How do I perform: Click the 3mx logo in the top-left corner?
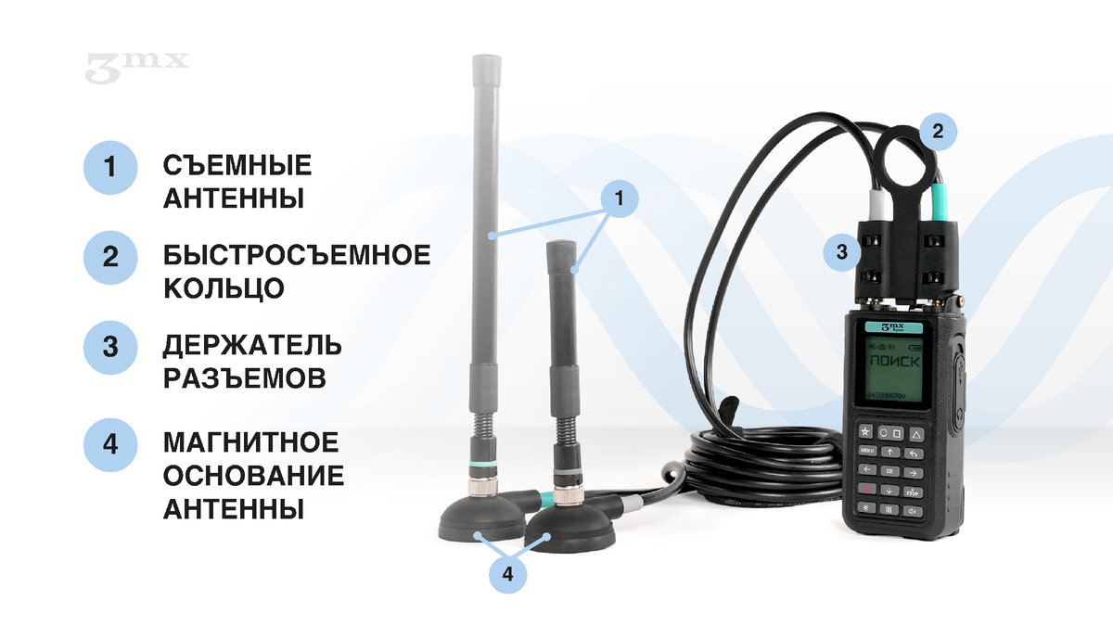tap(137, 67)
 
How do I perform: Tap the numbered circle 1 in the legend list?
tap(110, 168)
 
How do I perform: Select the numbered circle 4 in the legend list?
tap(110, 443)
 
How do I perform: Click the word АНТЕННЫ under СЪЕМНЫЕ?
tap(234, 198)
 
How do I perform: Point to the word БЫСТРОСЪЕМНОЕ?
tap(297, 255)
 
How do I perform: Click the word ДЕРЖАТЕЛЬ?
tap(252, 346)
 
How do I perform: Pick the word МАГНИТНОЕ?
tap(251, 442)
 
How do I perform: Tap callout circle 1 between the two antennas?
tap(622, 198)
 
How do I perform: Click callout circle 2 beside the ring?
tap(937, 132)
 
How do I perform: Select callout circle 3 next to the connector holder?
tap(841, 251)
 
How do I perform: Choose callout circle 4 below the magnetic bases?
tap(506, 575)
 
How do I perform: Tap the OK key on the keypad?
tap(889, 471)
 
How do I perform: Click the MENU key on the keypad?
tap(866, 452)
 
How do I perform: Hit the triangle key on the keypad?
tap(915, 433)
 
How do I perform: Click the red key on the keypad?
tap(865, 490)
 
